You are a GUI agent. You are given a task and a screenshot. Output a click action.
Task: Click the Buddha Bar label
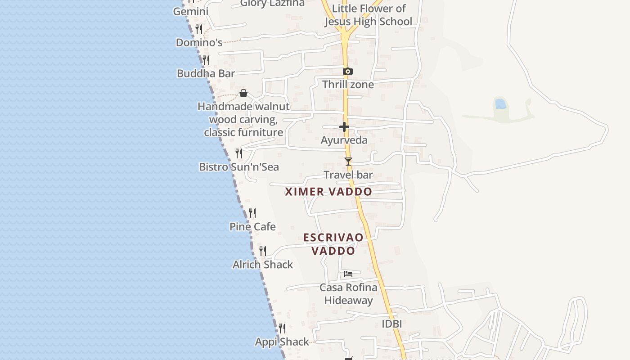[206, 73]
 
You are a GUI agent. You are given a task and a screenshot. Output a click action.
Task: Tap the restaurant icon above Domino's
[199, 29]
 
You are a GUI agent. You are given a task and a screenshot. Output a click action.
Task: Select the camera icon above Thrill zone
[347, 71]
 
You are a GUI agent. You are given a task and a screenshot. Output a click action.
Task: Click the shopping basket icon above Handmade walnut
[243, 93]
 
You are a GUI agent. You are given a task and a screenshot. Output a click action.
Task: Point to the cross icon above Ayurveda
[344, 127]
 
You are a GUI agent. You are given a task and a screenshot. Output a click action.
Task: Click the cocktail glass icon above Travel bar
[348, 161]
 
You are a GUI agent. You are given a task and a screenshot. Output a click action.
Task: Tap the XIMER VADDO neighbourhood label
[328, 192]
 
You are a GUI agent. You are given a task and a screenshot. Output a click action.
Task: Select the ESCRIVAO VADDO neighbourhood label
[333, 244]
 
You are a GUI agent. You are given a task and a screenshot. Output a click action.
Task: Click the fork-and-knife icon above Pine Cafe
[252, 213]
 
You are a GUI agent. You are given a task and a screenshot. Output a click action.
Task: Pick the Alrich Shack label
[263, 265]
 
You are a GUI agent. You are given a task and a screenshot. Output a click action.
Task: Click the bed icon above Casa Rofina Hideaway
[348, 274]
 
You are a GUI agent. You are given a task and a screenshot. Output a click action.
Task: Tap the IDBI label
[391, 324]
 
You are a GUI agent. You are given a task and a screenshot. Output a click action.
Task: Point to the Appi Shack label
[282, 342]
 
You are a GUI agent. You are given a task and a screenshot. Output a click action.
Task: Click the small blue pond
[500, 104]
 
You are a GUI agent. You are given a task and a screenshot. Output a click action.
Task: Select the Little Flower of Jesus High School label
[368, 15]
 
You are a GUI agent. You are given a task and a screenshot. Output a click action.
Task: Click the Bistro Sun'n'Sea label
[239, 167]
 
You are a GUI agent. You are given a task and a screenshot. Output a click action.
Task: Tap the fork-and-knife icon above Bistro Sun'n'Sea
[239, 153]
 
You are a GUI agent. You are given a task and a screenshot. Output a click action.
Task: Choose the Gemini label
[191, 11]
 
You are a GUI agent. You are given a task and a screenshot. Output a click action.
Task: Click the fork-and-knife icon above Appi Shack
[282, 328]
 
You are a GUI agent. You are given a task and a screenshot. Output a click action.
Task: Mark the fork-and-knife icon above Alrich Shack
[263, 251]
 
